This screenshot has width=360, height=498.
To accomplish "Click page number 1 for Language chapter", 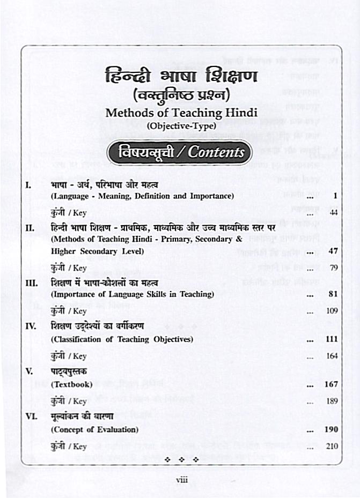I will point(334,196).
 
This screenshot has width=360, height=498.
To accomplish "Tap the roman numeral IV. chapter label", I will point(31,325).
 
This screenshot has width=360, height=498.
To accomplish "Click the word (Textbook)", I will point(71,384).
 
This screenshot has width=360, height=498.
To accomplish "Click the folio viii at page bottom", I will point(181,480).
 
